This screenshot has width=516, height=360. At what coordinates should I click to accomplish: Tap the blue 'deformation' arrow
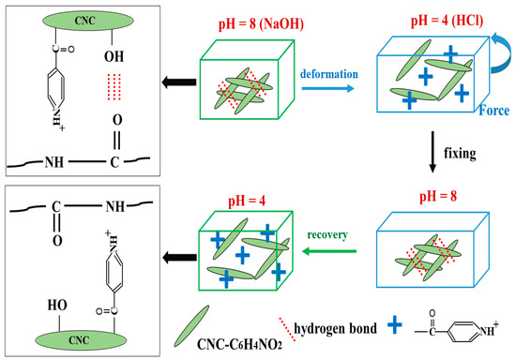click(x=325, y=87)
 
